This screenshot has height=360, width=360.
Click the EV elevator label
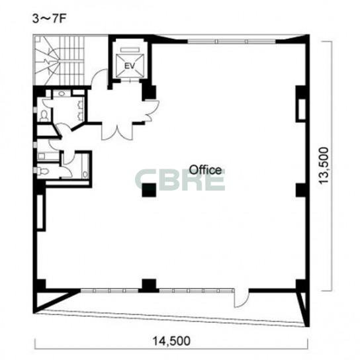point(129,66)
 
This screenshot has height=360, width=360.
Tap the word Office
point(205,170)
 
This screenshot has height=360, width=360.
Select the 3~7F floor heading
point(50,19)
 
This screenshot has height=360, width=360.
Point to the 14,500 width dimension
point(171,341)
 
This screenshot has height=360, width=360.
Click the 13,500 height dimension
point(324,165)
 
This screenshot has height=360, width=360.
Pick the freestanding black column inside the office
point(149,190)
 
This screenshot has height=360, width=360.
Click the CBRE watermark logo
point(179,179)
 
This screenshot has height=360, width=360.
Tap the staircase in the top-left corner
point(60,60)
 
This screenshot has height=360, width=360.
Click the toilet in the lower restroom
point(43,171)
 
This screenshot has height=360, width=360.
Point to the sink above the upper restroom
point(62,93)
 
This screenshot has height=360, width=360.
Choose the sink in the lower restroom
point(85,174)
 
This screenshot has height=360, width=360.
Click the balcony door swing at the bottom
point(241,298)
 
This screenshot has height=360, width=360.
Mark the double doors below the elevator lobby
point(117,132)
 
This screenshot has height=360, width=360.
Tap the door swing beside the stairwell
point(99,77)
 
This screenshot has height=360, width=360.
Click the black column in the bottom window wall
point(149,285)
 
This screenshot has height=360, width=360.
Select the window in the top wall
point(232,42)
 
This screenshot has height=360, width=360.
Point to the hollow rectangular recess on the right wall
point(302,109)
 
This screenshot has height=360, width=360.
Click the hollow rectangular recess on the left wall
point(40,212)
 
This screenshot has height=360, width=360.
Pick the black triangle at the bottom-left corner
point(53,299)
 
